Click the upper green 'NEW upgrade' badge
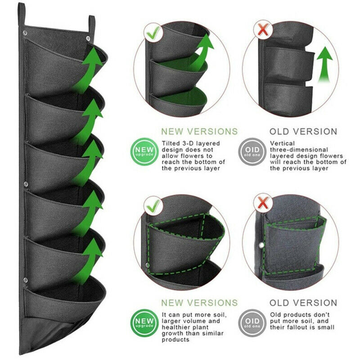pos(144,152)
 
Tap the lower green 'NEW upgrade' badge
pos(144,323)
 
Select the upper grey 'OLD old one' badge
pos(252,152)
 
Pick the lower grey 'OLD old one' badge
pos(252,323)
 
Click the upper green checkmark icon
pos(153,32)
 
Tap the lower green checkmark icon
pos(153,206)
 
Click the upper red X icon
pos(263,30)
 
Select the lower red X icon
pos(263,203)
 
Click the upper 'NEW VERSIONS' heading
pos(199,131)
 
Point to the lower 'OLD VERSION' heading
pos(303,303)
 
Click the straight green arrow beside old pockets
pos(324,64)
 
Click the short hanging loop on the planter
pos(92,26)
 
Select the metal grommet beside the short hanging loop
pos(88,38)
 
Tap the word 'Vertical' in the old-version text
pos(282,143)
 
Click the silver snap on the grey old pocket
pos(261,245)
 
